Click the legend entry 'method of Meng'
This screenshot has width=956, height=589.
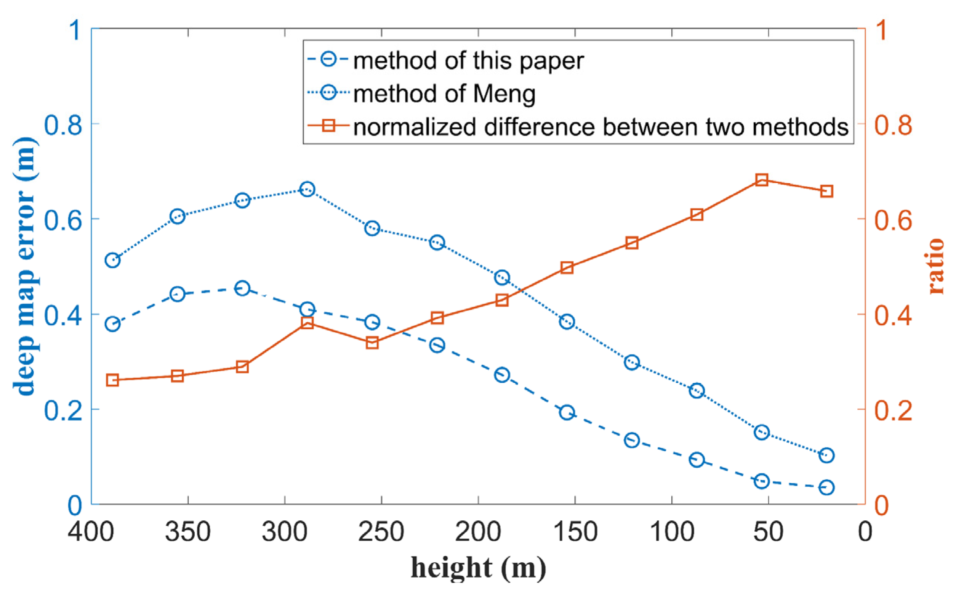click(444, 94)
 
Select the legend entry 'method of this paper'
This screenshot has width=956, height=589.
click(468, 61)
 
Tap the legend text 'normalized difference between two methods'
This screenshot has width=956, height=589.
click(601, 127)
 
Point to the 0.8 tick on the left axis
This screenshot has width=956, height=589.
click(63, 125)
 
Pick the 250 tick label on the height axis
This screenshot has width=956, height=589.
click(381, 532)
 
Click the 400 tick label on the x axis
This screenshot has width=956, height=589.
click(91, 532)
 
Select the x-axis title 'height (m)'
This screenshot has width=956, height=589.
click(478, 568)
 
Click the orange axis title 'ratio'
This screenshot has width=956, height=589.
click(936, 266)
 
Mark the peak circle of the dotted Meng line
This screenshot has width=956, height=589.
click(307, 189)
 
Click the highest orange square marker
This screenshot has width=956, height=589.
click(762, 180)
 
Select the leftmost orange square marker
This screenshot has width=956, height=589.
click(112, 380)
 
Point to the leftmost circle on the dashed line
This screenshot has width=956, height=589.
click(112, 324)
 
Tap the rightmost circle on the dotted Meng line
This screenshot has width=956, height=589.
click(826, 455)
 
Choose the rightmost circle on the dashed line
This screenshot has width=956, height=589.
click(826, 487)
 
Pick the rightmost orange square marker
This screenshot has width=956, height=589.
click(826, 191)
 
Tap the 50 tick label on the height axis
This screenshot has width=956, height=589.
click(768, 532)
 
